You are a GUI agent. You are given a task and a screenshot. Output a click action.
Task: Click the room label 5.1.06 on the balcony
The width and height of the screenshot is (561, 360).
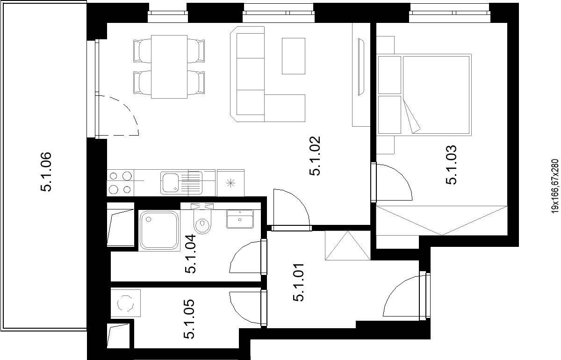coord(46,172)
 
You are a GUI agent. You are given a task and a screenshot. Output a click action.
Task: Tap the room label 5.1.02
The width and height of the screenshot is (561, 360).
coord(315,156)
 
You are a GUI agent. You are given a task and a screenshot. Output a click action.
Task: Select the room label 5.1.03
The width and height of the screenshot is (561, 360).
coord(451,165)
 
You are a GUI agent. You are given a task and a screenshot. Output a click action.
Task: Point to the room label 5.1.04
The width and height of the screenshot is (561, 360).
coord(190,253)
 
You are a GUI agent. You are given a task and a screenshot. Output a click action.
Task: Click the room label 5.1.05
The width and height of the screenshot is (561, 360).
coord(189,319)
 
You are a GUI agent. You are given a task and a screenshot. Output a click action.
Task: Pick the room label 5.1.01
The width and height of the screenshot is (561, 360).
coord(298,282)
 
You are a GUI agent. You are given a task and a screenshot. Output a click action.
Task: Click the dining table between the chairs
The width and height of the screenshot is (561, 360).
coord(169,67)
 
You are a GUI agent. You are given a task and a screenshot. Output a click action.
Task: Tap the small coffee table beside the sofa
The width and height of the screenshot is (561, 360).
coord(294,56)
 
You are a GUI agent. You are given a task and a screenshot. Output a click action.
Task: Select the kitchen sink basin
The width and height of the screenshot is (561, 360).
coord(170,182)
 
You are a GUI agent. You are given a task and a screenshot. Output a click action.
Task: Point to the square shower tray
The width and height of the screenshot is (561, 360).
coord(159,230)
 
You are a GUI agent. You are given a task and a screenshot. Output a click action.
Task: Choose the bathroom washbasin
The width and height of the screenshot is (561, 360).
coord(240,219)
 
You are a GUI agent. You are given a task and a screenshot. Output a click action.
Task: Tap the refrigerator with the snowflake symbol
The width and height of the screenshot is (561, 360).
coord(230,183)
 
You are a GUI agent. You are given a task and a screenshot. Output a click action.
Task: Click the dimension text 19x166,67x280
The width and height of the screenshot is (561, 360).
coord(555,186)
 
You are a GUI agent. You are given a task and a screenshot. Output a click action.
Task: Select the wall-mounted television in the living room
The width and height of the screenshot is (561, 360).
coord(361,67)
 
